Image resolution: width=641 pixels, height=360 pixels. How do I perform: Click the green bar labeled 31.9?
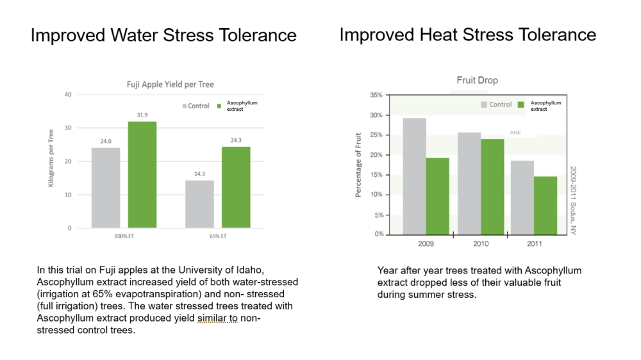[x=142, y=175]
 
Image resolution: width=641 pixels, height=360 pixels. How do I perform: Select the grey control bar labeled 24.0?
[x=106, y=188]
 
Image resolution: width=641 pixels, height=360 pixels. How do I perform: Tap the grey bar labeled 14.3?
[x=199, y=204]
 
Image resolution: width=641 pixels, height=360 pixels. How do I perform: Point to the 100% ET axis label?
[x=124, y=236]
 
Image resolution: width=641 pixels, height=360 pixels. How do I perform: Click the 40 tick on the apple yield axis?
[x=68, y=95]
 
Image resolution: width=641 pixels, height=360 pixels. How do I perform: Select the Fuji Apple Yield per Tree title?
[x=169, y=84]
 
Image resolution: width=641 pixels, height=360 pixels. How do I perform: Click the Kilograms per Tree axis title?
[x=51, y=158]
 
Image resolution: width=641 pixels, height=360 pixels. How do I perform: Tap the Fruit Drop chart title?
[x=477, y=81]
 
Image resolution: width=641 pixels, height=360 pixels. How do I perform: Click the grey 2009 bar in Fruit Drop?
[x=415, y=176]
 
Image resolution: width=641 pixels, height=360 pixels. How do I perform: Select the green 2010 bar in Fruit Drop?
[x=492, y=186]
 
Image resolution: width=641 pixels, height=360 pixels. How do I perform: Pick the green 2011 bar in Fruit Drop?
[x=545, y=205]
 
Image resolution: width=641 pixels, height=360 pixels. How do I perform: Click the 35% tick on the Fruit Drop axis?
[x=376, y=95]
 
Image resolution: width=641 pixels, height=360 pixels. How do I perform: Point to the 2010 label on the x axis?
[x=481, y=244]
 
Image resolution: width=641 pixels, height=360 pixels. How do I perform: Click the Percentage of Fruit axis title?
[x=358, y=165]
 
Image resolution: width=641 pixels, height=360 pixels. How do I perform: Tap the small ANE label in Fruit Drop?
[x=515, y=133]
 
